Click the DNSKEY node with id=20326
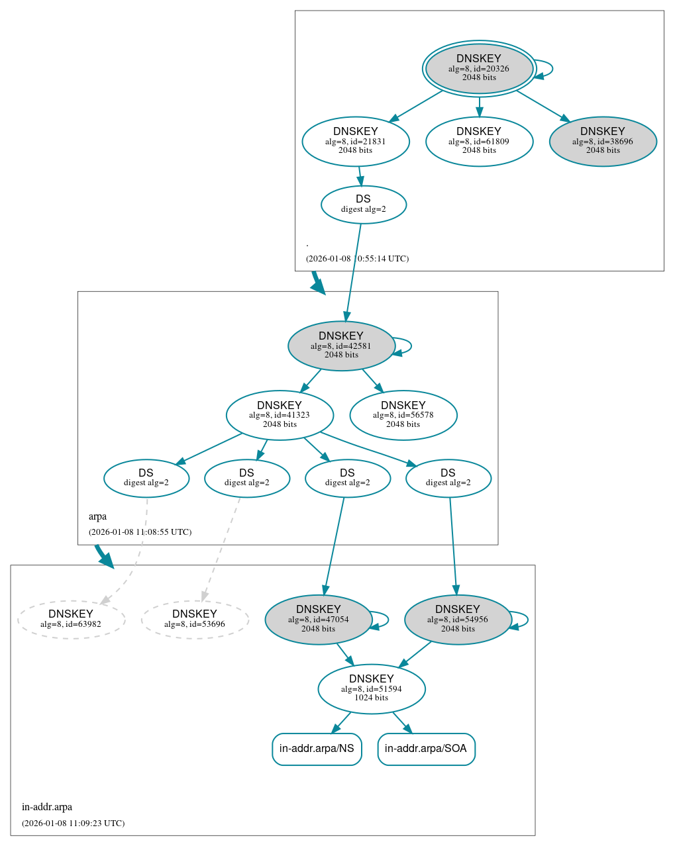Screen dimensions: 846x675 [x=479, y=68]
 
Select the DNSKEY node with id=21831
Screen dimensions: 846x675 [x=356, y=141]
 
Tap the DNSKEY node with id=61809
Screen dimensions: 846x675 [x=479, y=141]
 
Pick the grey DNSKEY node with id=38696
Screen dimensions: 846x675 [x=603, y=141]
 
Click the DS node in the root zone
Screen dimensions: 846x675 [x=363, y=205]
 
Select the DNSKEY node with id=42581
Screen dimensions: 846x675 [x=341, y=346]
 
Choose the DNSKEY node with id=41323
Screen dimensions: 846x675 [x=280, y=415]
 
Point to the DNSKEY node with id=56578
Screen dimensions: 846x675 [x=403, y=415]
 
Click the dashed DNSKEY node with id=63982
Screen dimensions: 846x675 [x=71, y=620]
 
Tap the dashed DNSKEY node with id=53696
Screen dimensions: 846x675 [x=195, y=620]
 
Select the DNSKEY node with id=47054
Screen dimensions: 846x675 [x=319, y=620]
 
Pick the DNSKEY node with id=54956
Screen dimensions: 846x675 [x=458, y=620]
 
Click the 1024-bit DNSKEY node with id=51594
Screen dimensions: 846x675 [x=372, y=689]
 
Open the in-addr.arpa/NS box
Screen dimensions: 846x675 [x=317, y=749]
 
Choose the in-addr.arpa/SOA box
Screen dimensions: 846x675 [x=426, y=749]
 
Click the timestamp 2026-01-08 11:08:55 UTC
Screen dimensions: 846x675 [x=140, y=532]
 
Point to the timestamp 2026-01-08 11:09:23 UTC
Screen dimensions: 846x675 [x=73, y=823]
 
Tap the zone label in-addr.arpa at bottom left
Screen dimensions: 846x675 [x=47, y=807]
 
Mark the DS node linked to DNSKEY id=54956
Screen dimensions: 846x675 [x=448, y=478]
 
